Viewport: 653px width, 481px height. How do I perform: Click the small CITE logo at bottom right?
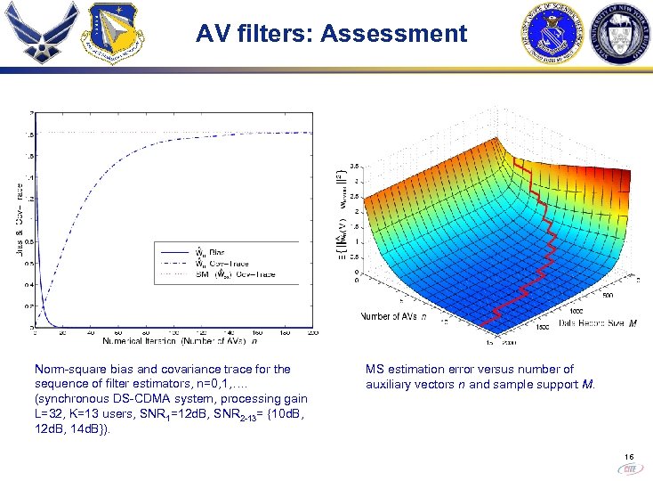click(628, 466)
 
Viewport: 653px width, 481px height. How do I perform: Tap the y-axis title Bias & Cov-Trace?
click(20, 219)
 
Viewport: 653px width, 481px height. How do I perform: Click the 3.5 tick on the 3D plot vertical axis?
click(354, 167)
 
